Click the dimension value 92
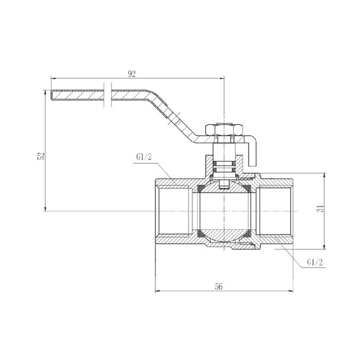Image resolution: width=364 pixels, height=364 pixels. point(133,73)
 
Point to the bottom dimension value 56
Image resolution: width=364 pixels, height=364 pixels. point(218,285)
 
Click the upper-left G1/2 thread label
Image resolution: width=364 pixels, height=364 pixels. point(144,157)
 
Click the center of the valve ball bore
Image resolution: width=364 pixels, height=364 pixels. point(223,211)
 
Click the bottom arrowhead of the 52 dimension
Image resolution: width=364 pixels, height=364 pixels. point(45,209)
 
